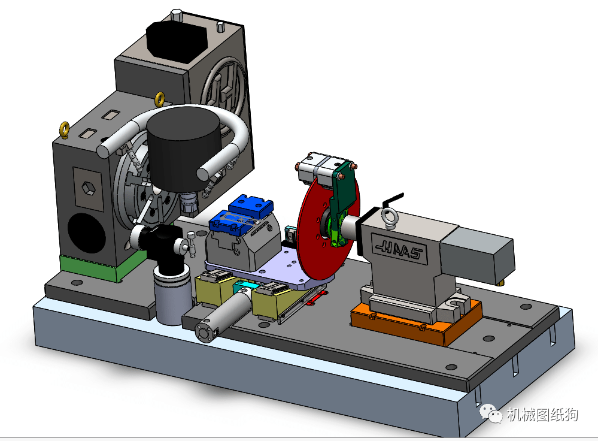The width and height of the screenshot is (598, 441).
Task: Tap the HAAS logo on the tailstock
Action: coord(399,249)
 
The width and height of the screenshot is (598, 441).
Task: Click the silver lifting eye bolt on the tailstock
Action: coord(390,218)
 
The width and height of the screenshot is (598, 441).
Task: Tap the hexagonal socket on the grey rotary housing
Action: coord(89,188)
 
